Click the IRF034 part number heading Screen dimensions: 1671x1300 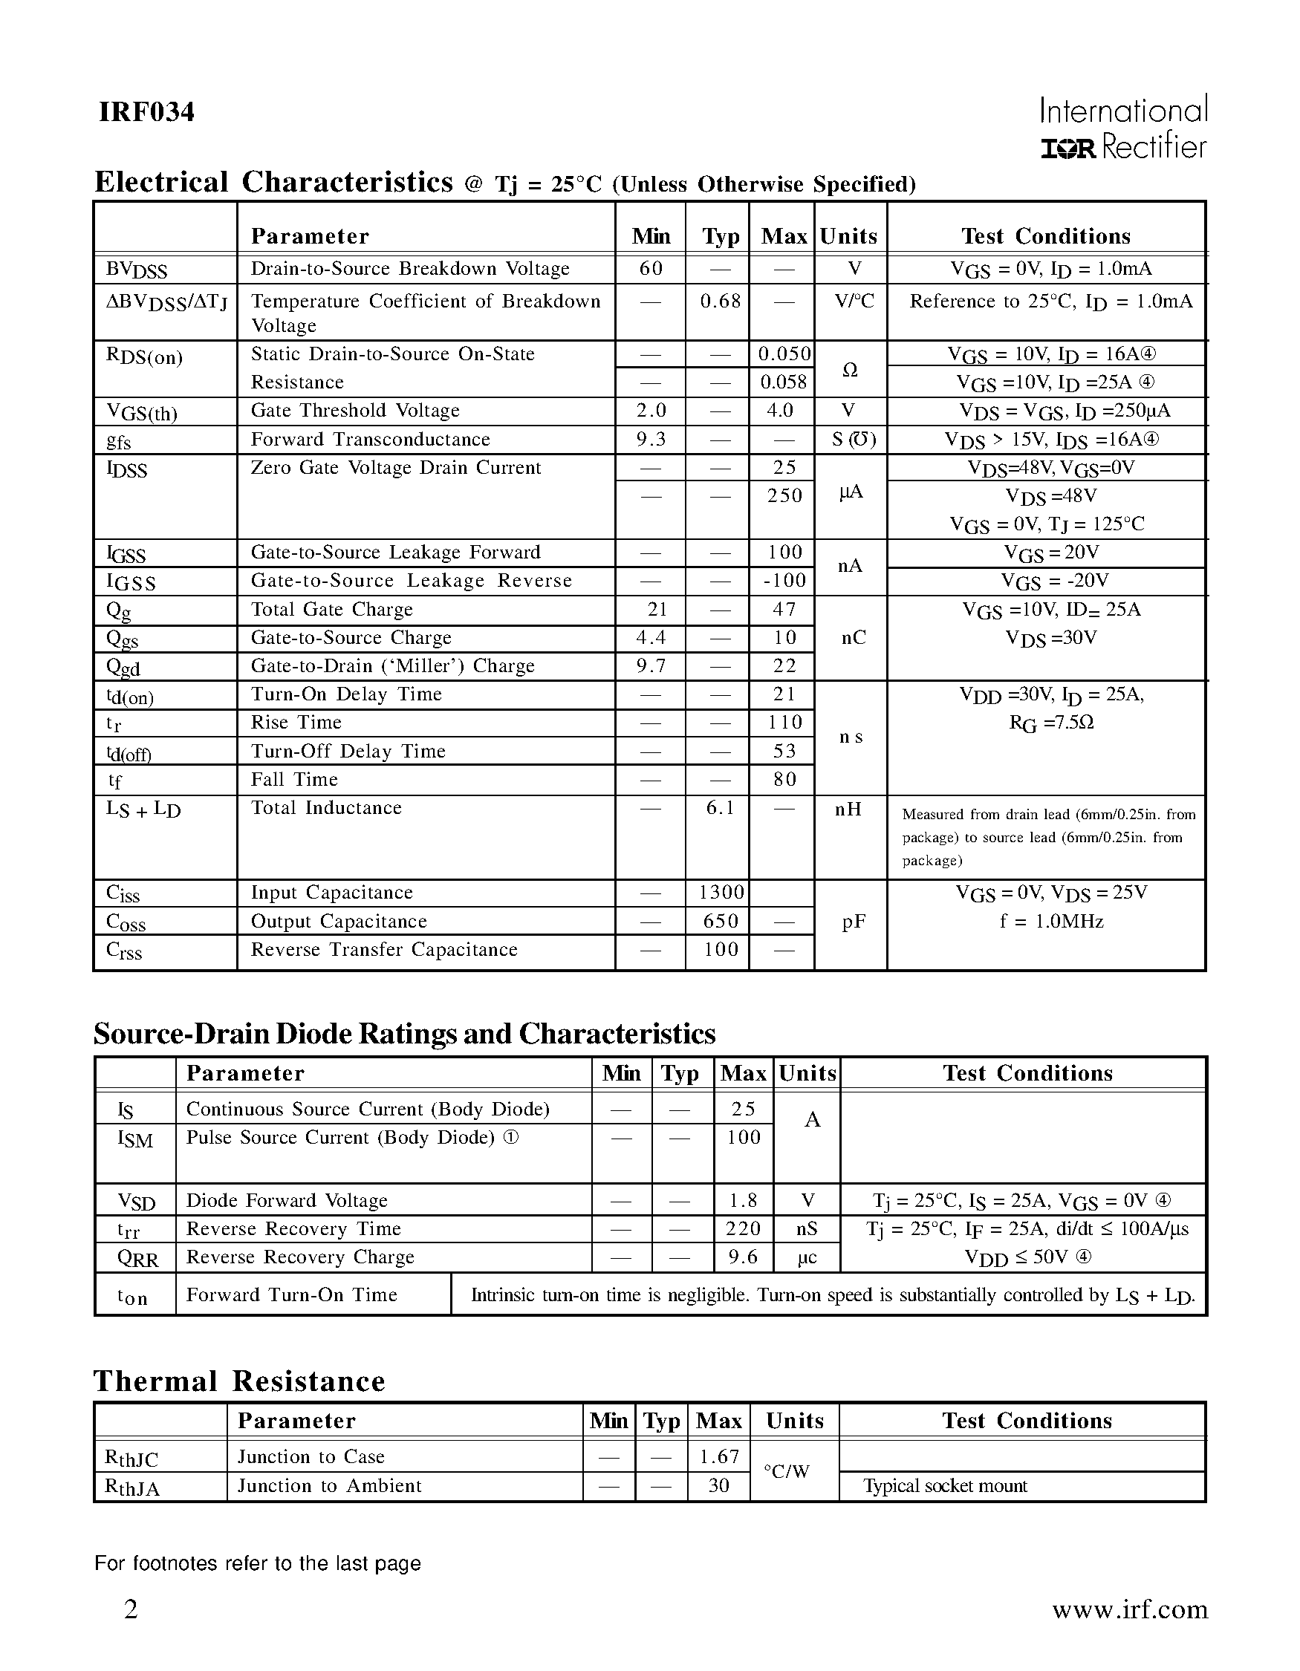pyautogui.click(x=146, y=112)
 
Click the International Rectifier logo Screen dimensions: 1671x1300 pyautogui.click(x=1123, y=128)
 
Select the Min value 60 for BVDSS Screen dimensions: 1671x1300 pyautogui.click(x=651, y=269)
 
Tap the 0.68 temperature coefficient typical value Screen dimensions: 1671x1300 pyautogui.click(x=720, y=302)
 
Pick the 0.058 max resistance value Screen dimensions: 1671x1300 pyautogui.click(x=783, y=382)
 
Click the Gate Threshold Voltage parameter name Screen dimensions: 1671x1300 pyautogui.click(x=355, y=411)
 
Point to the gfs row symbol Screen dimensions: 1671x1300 pyautogui.click(x=119, y=441)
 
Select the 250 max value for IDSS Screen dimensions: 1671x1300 pyautogui.click(x=784, y=496)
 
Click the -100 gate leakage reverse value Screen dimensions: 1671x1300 pyautogui.click(x=784, y=581)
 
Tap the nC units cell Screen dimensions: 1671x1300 pyautogui.click(x=853, y=638)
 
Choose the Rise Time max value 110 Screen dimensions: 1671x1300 pyautogui.click(x=784, y=723)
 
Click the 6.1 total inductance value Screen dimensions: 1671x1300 pyautogui.click(x=720, y=808)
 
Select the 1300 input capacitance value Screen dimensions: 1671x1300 pyautogui.click(x=721, y=893)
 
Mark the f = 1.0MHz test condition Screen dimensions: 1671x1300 pyautogui.click(x=1051, y=921)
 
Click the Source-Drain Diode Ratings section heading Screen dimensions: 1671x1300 pyautogui.click(x=404, y=1034)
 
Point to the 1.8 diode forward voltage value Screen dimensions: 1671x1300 pyautogui.click(x=742, y=1200)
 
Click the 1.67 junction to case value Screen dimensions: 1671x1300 pyautogui.click(x=718, y=1457)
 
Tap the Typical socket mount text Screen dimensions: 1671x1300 pyautogui.click(x=944, y=1486)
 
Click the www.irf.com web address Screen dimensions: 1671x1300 pyautogui.click(x=1129, y=1610)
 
